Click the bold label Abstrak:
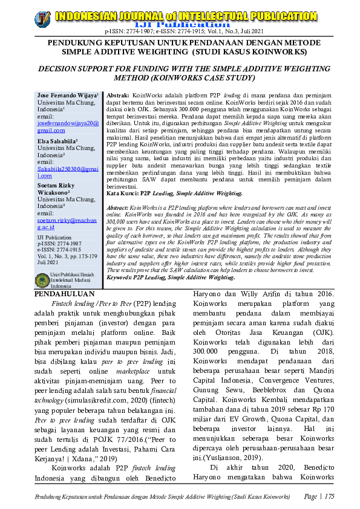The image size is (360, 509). pyautogui.click(x=119, y=96)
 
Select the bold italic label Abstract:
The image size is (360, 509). pyautogui.click(x=120, y=207)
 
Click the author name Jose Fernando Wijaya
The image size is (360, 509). pyautogui.click(x=64, y=96)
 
